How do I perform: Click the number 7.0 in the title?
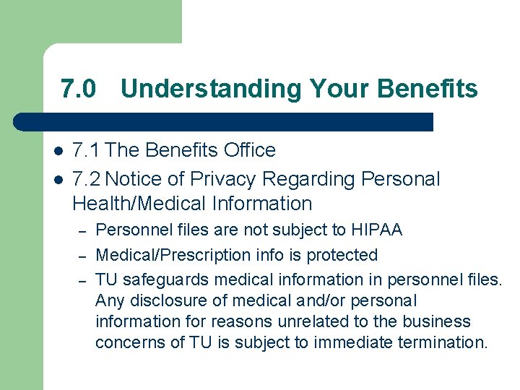coord(78,89)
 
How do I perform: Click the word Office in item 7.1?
coord(250,150)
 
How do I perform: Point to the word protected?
coord(343,255)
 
